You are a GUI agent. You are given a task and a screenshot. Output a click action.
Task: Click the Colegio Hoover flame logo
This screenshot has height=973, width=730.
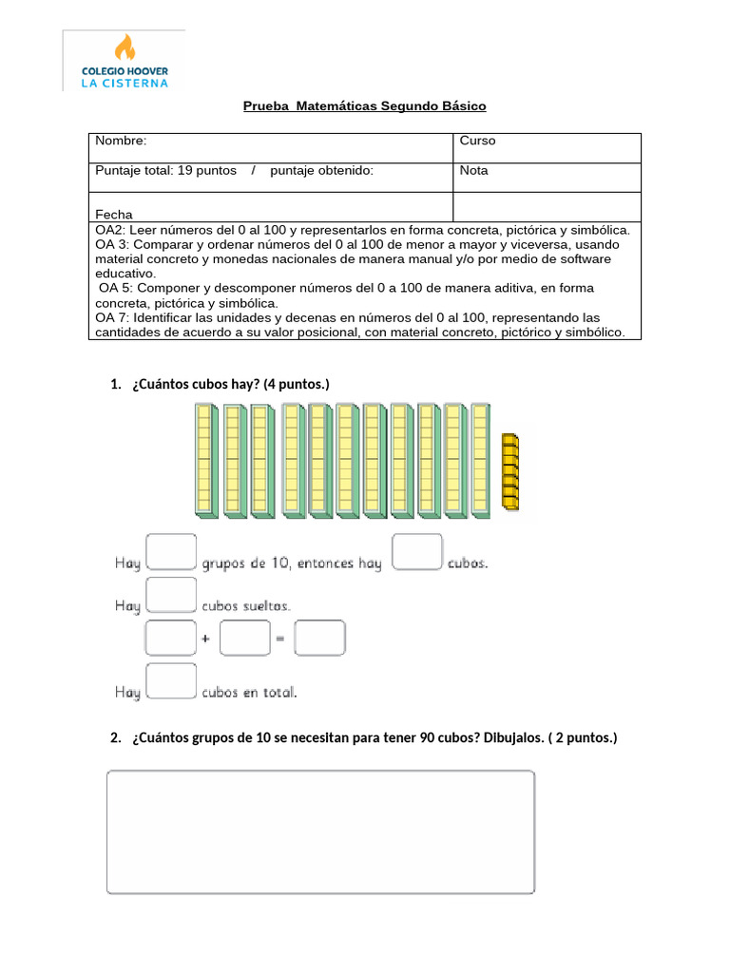click(x=125, y=48)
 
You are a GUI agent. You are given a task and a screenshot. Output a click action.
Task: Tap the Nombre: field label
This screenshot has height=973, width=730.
click(x=121, y=141)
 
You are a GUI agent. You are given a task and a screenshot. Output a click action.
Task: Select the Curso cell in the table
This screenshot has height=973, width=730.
click(x=477, y=141)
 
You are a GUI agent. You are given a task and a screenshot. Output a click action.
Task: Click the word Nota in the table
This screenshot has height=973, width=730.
click(x=473, y=171)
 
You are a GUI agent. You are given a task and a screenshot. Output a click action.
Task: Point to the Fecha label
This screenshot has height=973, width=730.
click(x=114, y=215)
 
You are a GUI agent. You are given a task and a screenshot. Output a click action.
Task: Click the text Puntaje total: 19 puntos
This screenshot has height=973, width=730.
click(x=165, y=171)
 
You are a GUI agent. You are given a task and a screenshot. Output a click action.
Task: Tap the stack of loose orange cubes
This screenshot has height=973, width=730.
click(x=510, y=472)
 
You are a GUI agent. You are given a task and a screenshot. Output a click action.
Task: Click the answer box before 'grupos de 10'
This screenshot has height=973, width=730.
click(x=171, y=552)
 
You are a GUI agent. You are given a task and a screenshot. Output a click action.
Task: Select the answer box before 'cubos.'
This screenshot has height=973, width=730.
click(x=416, y=552)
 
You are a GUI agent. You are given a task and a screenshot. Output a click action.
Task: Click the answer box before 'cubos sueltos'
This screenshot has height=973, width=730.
click(x=171, y=596)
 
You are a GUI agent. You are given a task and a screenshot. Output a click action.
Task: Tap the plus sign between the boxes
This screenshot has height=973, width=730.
click(x=205, y=639)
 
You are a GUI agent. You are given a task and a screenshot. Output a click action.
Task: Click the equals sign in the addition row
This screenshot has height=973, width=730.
click(x=280, y=639)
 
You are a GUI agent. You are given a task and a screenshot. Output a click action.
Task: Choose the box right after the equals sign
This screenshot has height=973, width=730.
click(x=319, y=639)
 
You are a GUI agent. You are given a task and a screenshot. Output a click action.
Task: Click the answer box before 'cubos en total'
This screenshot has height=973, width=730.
click(x=171, y=682)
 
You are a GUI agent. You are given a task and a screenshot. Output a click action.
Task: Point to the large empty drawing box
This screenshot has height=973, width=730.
click(x=320, y=832)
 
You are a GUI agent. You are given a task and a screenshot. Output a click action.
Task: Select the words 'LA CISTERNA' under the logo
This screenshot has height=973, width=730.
click(x=125, y=83)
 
